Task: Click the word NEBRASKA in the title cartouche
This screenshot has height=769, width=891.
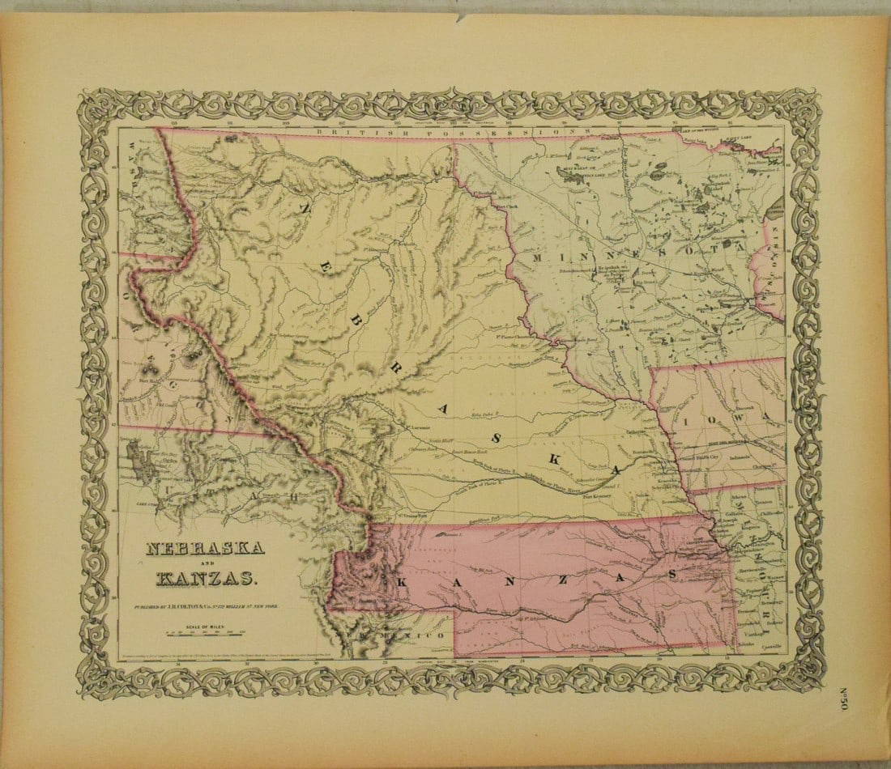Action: pyautogui.click(x=204, y=549)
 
